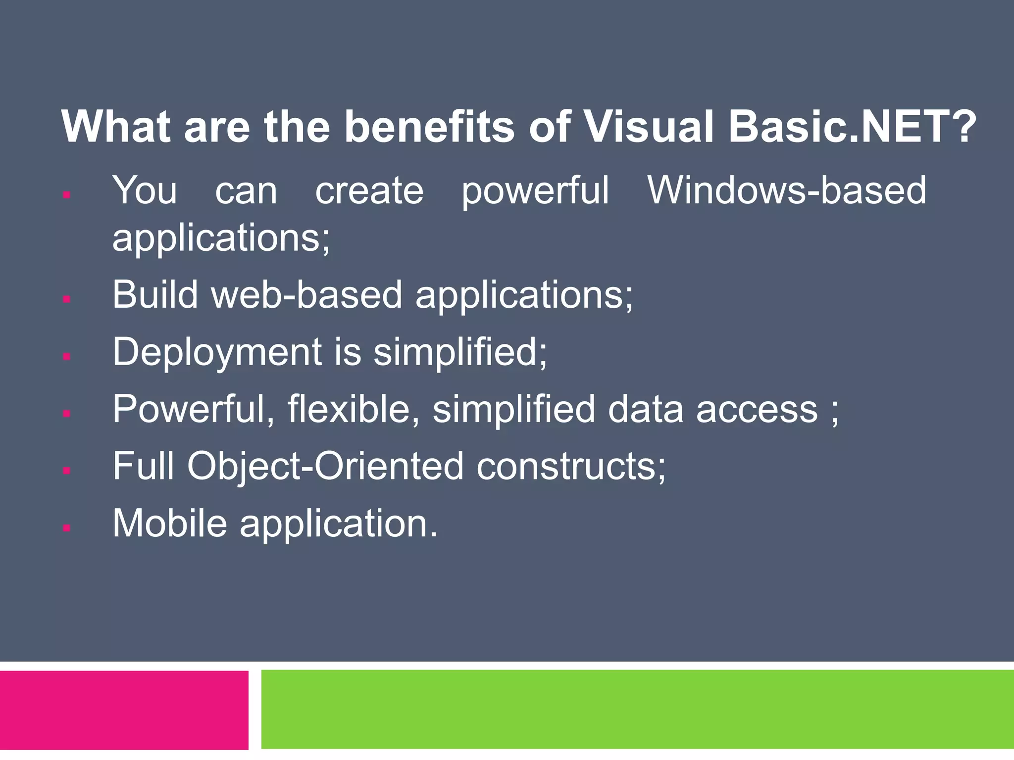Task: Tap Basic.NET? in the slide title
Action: coord(852,126)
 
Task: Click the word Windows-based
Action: coord(787,190)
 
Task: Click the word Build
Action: coord(155,294)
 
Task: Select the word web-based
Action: coord(306,294)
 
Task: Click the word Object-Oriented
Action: coord(325,467)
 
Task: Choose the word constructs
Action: coord(571,467)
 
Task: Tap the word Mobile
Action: coord(169,523)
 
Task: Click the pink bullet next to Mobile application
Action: coord(67,528)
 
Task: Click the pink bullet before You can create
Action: coord(67,195)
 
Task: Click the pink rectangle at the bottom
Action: coord(124,710)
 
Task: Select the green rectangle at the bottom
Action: coord(637,709)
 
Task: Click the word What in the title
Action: coord(116,126)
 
